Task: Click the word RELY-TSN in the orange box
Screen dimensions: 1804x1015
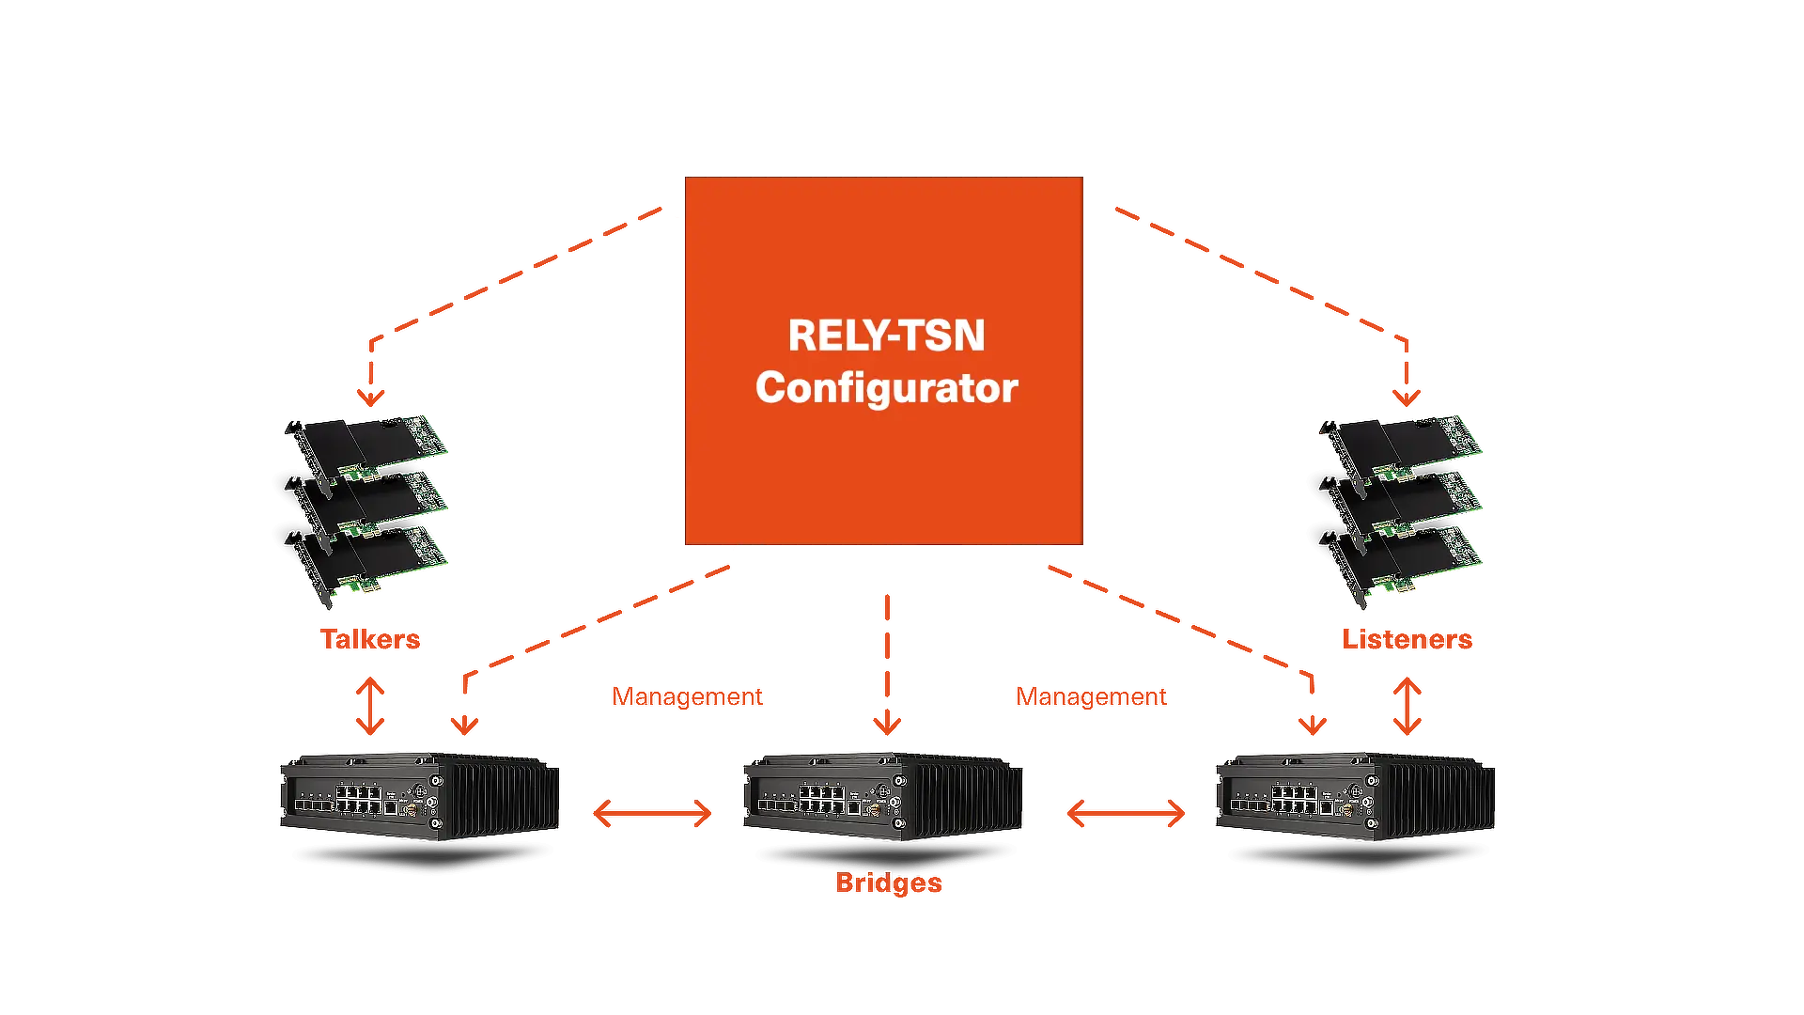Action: pyautogui.click(x=886, y=336)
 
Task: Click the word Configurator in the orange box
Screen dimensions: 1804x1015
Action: pyautogui.click(x=886, y=388)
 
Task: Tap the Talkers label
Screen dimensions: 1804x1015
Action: pyautogui.click(x=370, y=639)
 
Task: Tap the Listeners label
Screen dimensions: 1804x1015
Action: pyautogui.click(x=1407, y=639)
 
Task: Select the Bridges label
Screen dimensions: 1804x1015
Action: pyautogui.click(x=889, y=883)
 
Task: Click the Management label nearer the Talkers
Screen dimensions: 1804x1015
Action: pyautogui.click(x=687, y=696)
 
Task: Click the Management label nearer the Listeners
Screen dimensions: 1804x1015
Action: pyautogui.click(x=1091, y=696)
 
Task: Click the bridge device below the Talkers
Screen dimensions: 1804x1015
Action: pyautogui.click(x=420, y=796)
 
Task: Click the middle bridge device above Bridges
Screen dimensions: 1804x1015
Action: pyautogui.click(x=883, y=796)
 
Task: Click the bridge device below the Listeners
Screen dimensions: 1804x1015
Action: pyautogui.click(x=1356, y=796)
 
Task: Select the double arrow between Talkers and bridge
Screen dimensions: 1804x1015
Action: pyautogui.click(x=370, y=706)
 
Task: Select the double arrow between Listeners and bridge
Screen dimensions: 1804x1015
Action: pyautogui.click(x=1407, y=706)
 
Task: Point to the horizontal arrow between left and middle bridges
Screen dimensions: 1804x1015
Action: pyautogui.click(x=653, y=813)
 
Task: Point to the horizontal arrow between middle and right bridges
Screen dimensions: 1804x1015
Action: pyautogui.click(x=1126, y=813)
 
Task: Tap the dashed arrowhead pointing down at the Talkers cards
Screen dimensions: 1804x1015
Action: pyautogui.click(x=371, y=398)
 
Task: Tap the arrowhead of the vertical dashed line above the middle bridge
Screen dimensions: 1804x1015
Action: pyautogui.click(x=887, y=725)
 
